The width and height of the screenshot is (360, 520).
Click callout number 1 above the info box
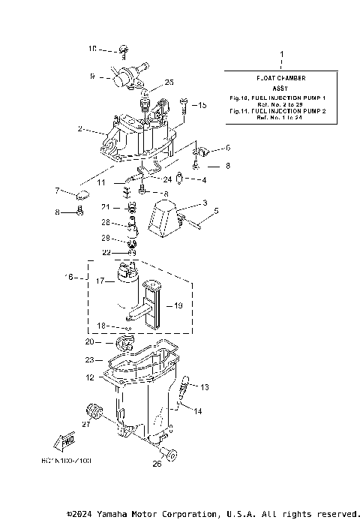(281, 56)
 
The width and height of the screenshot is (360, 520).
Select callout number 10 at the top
(92, 49)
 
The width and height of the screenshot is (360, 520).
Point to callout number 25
(169, 82)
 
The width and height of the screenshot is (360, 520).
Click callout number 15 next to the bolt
(202, 106)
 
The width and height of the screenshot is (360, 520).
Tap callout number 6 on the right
(228, 148)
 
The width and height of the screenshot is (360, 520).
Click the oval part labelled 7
(82, 197)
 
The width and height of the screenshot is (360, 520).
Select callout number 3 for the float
(204, 203)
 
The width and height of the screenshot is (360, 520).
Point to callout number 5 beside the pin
(217, 212)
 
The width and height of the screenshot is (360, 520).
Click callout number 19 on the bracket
(178, 305)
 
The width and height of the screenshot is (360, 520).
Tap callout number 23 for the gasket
(89, 359)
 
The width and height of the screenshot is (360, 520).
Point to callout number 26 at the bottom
(157, 464)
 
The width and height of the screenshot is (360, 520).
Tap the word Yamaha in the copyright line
(132, 514)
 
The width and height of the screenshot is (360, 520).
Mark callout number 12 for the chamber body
(89, 377)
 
